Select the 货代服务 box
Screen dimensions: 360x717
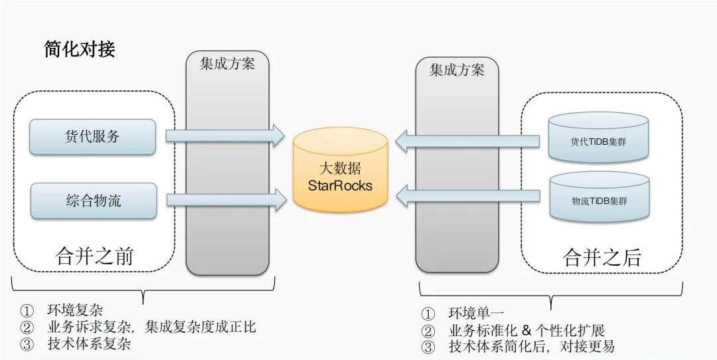(x=92, y=137)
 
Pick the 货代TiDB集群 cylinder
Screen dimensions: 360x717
(x=599, y=137)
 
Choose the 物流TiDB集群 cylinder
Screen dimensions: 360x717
(x=599, y=197)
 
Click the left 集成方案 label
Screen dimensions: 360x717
(x=227, y=64)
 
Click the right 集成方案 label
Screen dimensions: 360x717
(x=457, y=70)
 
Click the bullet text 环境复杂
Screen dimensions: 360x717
(x=74, y=310)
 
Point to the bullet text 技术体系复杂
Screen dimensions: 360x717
(x=89, y=344)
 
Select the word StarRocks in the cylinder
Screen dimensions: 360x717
(x=340, y=185)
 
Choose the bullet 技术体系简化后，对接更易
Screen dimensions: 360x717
(x=531, y=347)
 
